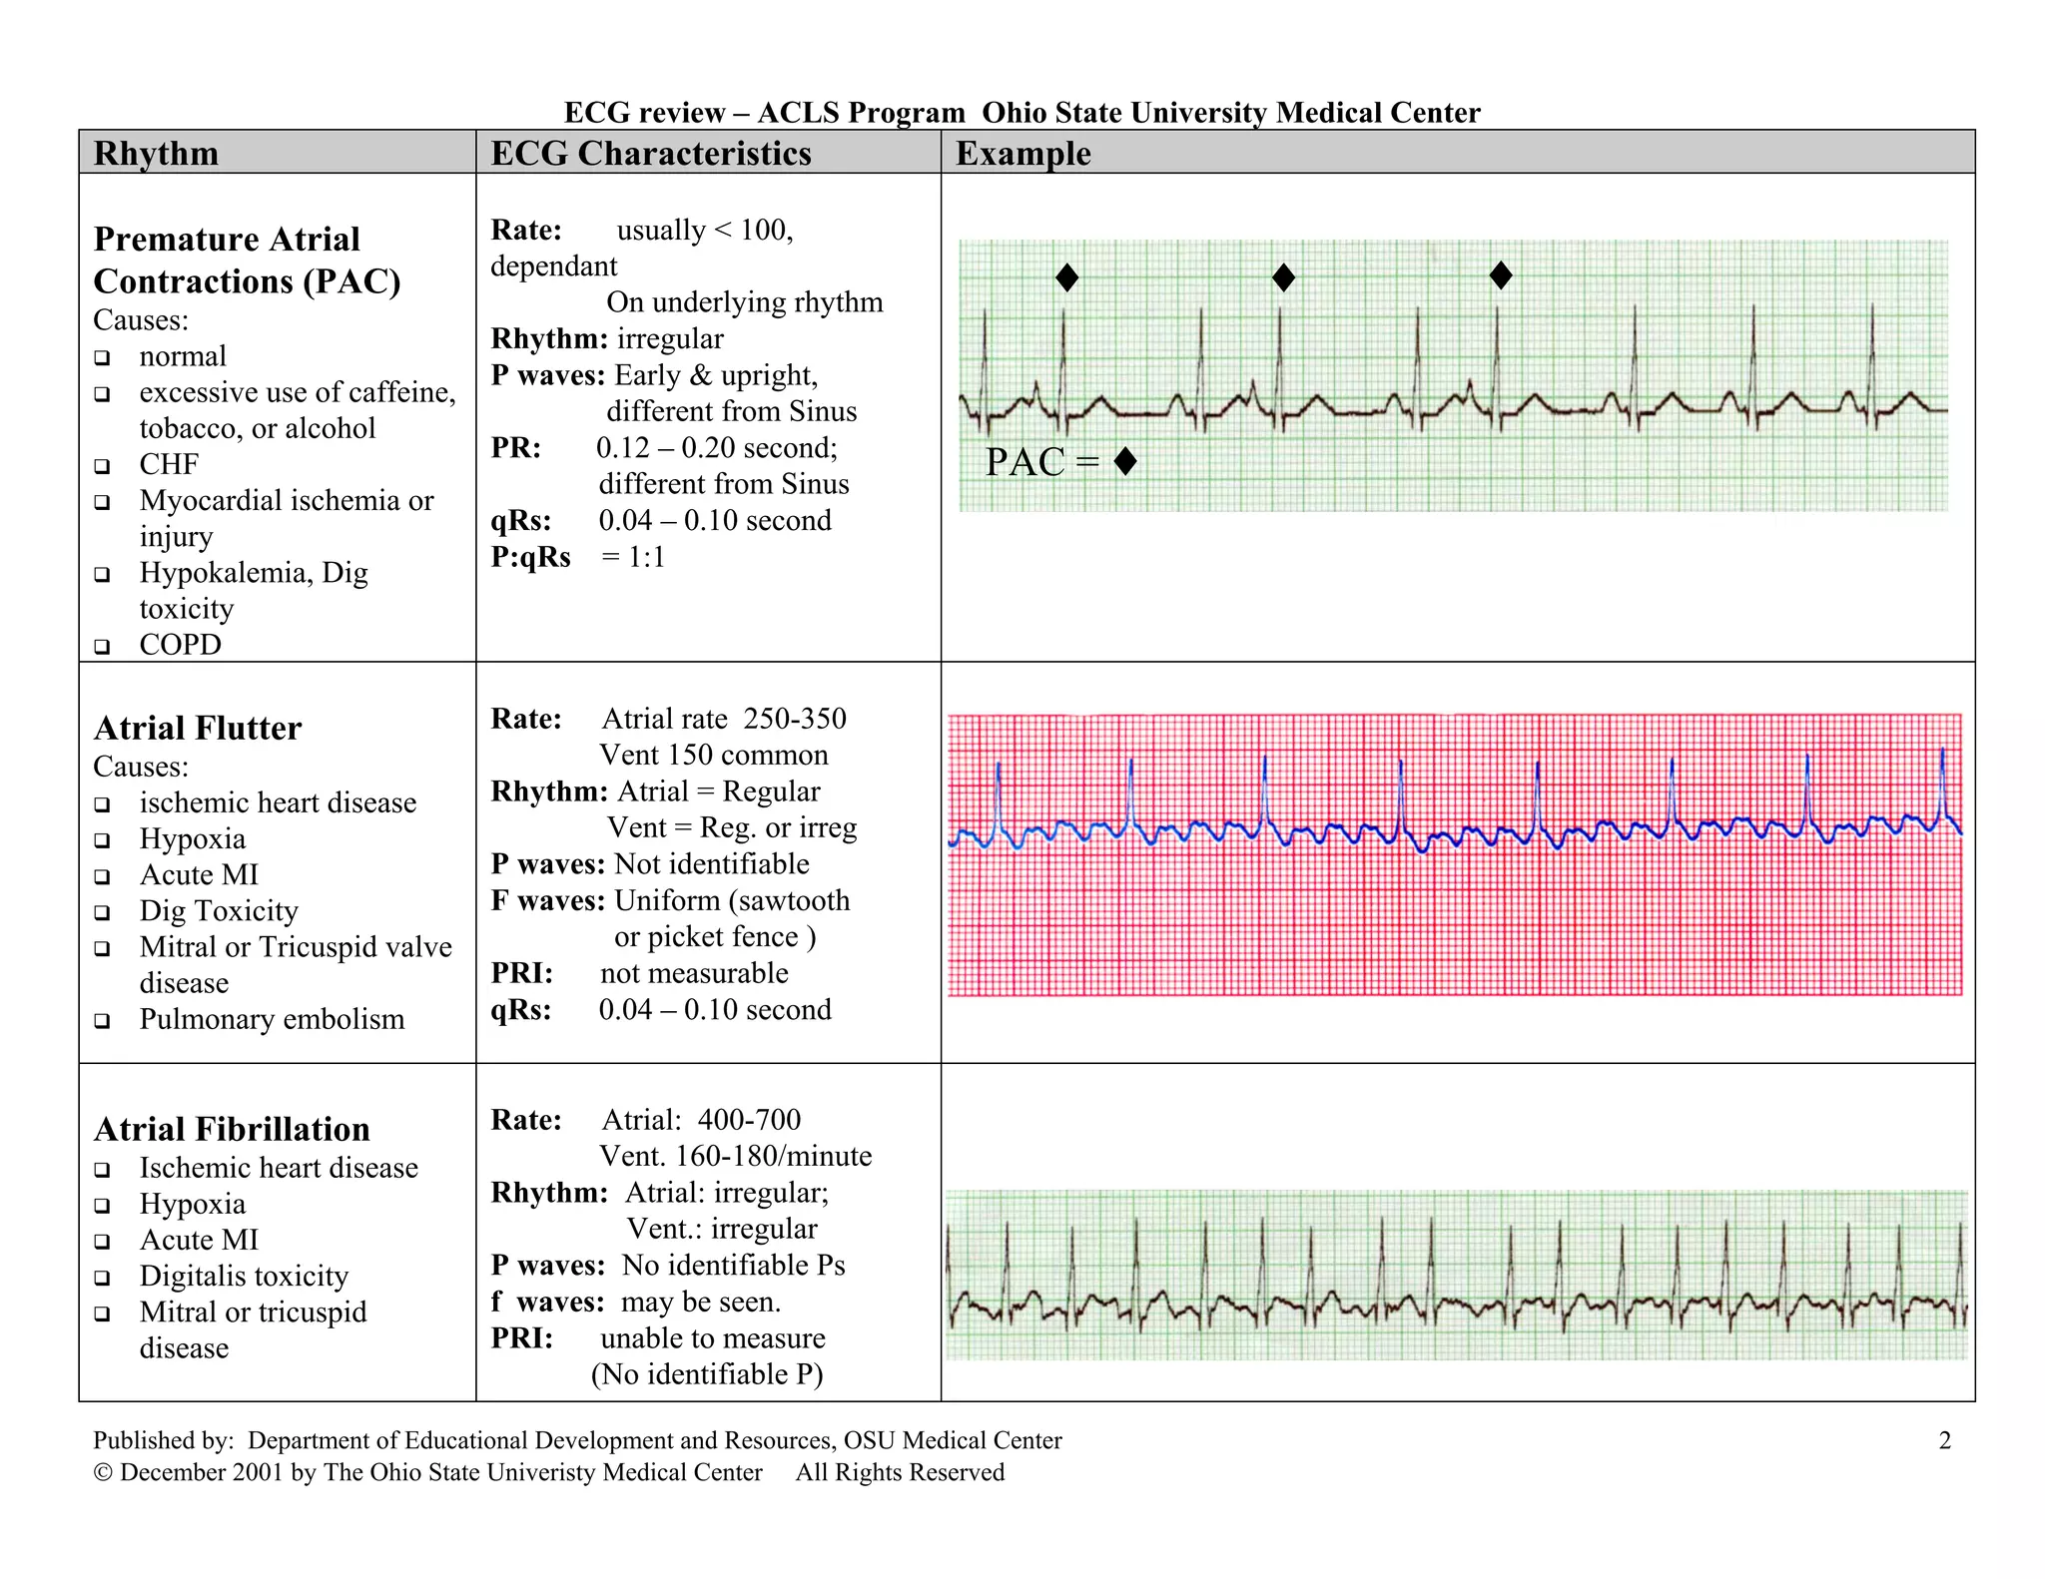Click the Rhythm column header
click(156, 153)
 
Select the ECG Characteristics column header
click(650, 153)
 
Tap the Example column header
click(1022, 153)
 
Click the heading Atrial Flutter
click(198, 728)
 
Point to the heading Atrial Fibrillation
click(232, 1129)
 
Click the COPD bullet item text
click(180, 645)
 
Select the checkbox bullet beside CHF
click(102, 466)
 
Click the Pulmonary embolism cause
click(272, 1019)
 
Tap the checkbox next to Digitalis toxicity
click(102, 1278)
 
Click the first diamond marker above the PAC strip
click(1066, 277)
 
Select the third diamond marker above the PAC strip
click(1500, 275)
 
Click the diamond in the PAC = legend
click(1125, 461)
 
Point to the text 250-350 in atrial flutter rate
click(795, 719)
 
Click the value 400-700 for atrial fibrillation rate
click(749, 1120)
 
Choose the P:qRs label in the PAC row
click(530, 557)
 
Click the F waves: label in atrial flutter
click(547, 900)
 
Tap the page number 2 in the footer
click(1944, 1440)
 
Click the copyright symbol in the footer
click(102, 1473)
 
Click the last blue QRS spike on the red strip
click(1942, 784)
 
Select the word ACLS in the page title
click(799, 113)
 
